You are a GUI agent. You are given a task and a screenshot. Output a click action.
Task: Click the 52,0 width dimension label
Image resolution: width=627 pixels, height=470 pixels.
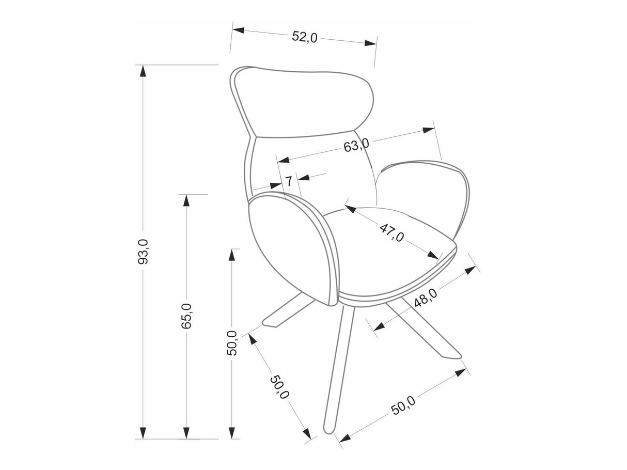(x=305, y=37)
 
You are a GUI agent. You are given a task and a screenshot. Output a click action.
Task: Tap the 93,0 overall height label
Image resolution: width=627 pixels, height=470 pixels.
(x=143, y=252)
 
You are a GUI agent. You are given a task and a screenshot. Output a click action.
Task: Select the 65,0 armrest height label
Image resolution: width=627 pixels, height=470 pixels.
(x=186, y=316)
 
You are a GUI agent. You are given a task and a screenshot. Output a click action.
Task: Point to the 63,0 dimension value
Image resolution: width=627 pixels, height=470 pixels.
(x=356, y=145)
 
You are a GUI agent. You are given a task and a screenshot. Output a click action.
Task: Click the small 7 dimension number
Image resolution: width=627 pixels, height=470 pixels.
(x=289, y=181)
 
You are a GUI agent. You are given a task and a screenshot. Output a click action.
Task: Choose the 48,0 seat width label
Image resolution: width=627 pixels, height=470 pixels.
(x=426, y=297)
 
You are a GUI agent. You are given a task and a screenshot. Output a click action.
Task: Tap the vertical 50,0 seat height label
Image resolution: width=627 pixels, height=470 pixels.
(x=232, y=343)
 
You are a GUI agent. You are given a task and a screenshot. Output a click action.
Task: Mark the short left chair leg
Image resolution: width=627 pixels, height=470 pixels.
(x=289, y=309)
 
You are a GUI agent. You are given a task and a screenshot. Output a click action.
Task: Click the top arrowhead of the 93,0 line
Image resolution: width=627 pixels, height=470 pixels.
(x=143, y=71)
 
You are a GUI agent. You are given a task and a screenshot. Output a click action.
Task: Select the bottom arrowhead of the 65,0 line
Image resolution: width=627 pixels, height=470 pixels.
(x=186, y=441)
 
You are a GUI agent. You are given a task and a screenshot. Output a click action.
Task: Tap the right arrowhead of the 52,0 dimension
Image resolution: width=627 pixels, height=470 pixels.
(x=370, y=43)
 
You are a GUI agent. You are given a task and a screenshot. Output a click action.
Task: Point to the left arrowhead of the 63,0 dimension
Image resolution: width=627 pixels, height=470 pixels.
(x=284, y=160)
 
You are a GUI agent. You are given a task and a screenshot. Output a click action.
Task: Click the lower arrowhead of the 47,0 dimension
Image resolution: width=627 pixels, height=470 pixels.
(x=433, y=255)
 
